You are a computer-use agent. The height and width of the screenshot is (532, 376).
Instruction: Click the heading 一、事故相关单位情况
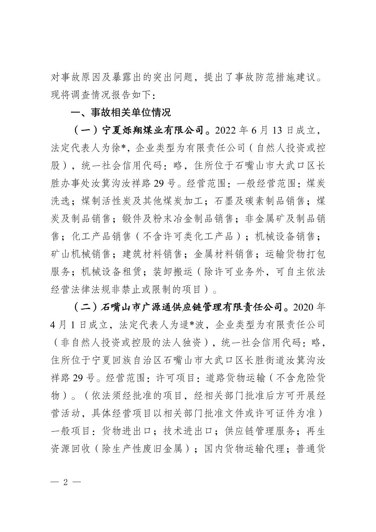121,113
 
